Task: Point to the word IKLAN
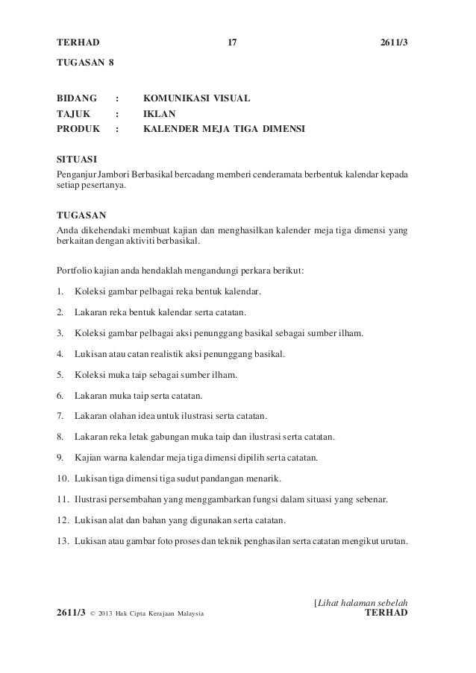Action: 158,114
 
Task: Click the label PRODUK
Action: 80,129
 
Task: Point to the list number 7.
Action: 60,415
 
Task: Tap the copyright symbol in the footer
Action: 92,613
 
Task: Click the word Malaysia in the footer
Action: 186,613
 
